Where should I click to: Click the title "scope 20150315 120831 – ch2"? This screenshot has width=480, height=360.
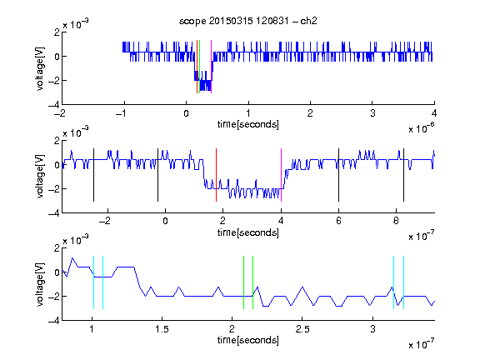(248, 21)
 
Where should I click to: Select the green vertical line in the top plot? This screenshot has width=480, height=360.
(200, 67)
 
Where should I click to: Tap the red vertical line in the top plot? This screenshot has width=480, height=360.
(197, 67)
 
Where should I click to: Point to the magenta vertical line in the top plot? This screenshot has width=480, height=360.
(211, 67)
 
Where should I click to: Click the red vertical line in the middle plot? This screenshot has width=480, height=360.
(216, 175)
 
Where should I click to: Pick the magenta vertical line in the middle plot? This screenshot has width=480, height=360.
(281, 175)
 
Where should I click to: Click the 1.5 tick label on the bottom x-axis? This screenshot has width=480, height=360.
(162, 329)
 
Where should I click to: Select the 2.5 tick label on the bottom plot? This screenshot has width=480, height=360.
(302, 329)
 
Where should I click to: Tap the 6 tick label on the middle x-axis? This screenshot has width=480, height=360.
(338, 221)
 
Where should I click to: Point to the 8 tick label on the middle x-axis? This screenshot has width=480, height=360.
(396, 221)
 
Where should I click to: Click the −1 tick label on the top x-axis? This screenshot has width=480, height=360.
(121, 113)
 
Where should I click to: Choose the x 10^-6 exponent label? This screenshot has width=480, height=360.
(422, 128)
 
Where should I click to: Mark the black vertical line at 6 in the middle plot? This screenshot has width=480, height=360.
(338, 175)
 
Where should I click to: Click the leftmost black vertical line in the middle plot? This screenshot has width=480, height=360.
(93, 175)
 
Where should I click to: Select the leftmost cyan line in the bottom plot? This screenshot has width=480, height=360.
(93, 282)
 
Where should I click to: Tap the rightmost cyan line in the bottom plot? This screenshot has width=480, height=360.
(404, 282)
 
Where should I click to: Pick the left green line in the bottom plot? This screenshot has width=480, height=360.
(243, 282)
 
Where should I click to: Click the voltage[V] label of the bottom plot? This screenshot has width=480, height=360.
(40, 284)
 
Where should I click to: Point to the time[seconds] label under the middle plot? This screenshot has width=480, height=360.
(248, 233)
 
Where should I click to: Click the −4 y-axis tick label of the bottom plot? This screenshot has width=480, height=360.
(54, 321)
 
